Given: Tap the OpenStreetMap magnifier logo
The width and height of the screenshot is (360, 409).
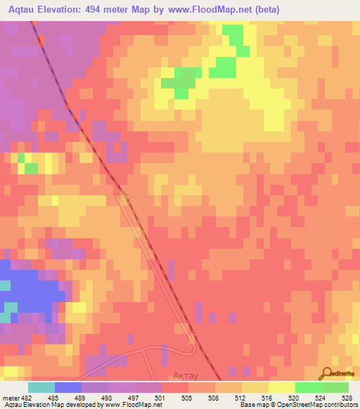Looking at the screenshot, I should (326, 374).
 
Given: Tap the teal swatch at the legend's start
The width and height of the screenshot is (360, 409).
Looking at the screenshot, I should (41, 387).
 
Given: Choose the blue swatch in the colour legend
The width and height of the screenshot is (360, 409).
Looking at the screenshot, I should (68, 387).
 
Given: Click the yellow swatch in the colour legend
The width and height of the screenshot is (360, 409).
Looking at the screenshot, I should (282, 387).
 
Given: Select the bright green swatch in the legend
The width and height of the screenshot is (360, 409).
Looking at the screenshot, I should (309, 387).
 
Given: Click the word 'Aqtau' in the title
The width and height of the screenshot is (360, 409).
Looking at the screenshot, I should (21, 10).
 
